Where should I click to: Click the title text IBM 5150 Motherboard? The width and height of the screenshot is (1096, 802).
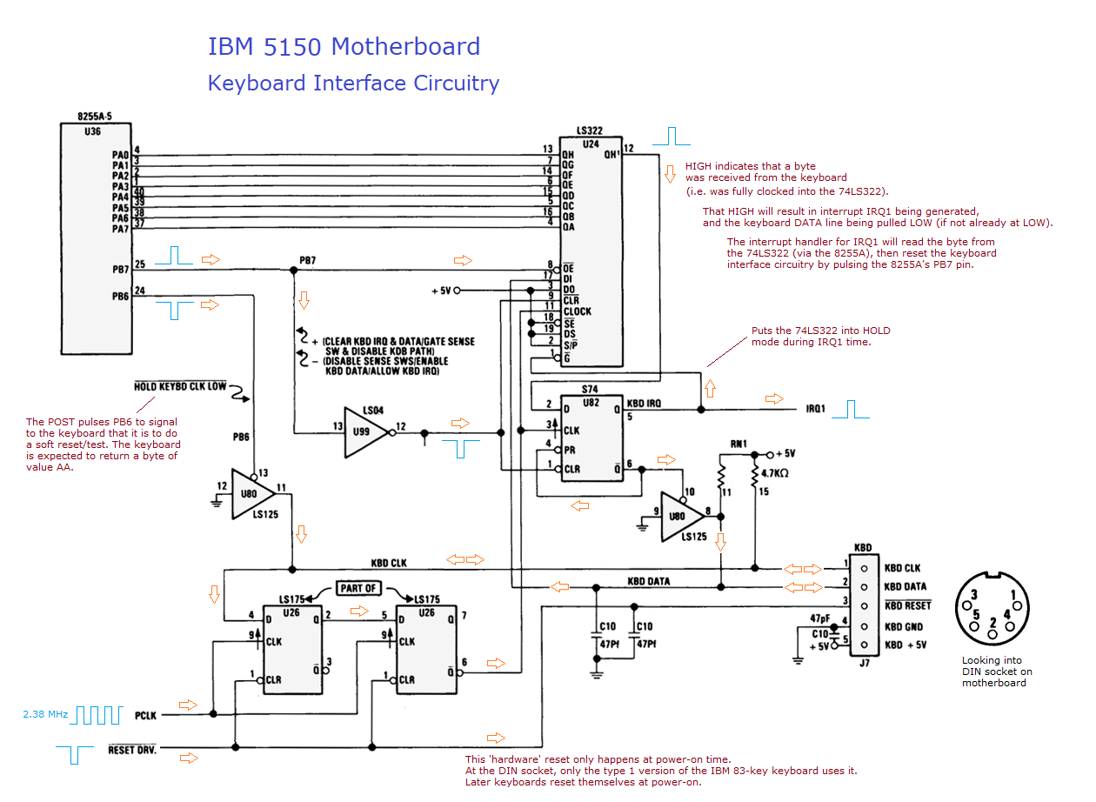(344, 47)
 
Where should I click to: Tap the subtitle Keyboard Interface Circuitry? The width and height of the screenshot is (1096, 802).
(353, 84)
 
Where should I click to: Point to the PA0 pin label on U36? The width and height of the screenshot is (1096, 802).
(120, 155)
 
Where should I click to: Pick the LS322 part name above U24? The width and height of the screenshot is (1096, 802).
(589, 131)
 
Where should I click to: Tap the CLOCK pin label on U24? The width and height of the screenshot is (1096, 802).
(577, 311)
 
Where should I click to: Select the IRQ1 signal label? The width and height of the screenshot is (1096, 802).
(816, 409)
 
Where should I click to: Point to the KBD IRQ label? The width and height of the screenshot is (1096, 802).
(644, 404)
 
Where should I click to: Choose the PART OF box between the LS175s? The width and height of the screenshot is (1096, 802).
(358, 588)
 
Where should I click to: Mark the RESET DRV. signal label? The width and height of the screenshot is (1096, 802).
(132, 749)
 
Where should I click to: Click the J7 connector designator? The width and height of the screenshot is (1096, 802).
(863, 664)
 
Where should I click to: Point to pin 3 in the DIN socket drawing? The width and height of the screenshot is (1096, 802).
(975, 595)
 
